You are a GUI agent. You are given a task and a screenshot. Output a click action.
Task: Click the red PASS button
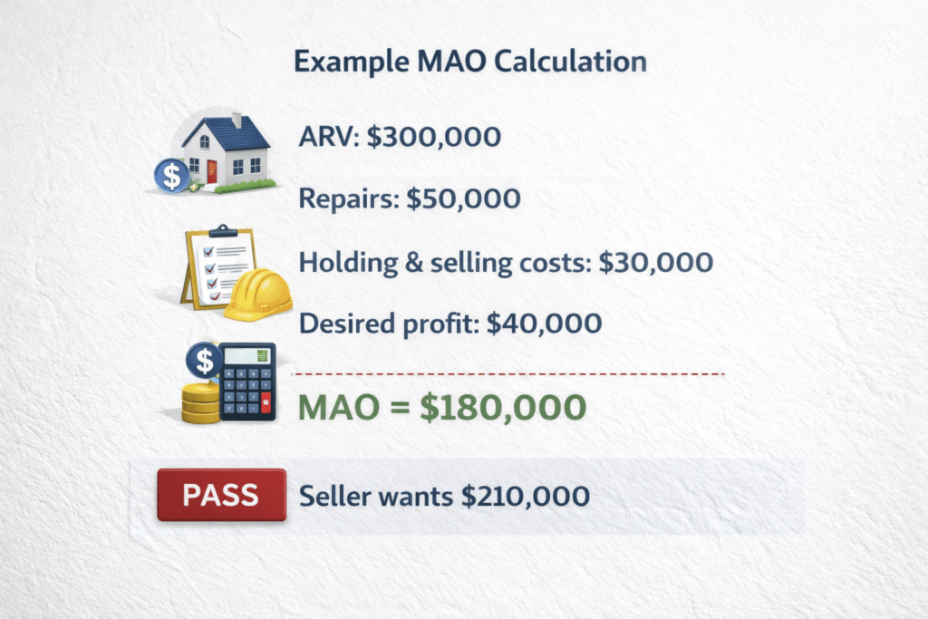point(221,495)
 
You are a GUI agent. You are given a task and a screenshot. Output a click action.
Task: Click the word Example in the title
point(351,63)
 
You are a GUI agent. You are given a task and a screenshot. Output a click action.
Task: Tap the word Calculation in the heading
point(570,61)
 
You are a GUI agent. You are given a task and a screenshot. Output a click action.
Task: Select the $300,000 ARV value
point(434,137)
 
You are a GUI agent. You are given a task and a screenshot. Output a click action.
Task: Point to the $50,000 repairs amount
point(463,198)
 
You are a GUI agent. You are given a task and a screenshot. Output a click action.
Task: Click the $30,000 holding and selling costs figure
point(656,262)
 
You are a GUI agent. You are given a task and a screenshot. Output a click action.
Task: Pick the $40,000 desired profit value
point(544,324)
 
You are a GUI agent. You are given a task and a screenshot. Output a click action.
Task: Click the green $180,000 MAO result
point(503,407)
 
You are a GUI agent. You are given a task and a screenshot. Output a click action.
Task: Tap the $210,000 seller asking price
point(526,496)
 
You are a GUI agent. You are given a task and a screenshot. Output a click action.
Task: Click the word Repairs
point(349,199)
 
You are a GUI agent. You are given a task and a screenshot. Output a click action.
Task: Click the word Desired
point(347,324)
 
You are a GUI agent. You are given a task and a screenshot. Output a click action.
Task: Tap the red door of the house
point(212,171)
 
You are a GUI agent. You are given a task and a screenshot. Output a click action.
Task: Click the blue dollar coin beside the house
point(172,176)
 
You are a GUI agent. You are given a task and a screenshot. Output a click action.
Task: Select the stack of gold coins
point(200,402)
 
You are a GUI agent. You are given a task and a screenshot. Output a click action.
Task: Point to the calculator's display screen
point(246,356)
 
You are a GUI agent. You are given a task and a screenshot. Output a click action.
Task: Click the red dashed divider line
point(509,374)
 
